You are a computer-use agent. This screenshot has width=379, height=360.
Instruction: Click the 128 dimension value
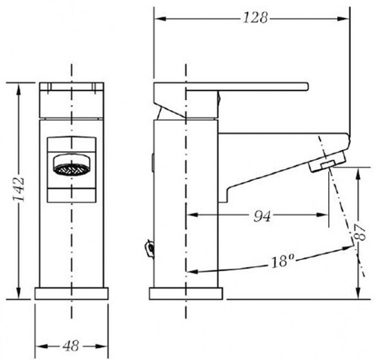255,18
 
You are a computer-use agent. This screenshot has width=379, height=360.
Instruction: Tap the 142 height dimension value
19,189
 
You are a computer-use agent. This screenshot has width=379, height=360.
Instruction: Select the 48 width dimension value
71,346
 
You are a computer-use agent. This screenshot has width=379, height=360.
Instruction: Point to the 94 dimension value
262,216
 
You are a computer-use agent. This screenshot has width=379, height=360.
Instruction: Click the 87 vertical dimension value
360,233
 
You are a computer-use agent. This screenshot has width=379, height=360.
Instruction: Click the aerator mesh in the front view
73,169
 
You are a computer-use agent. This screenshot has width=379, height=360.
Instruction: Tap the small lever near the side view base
149,249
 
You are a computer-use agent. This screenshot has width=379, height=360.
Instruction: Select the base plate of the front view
71,293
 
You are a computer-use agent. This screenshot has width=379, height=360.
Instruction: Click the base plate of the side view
186,293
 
